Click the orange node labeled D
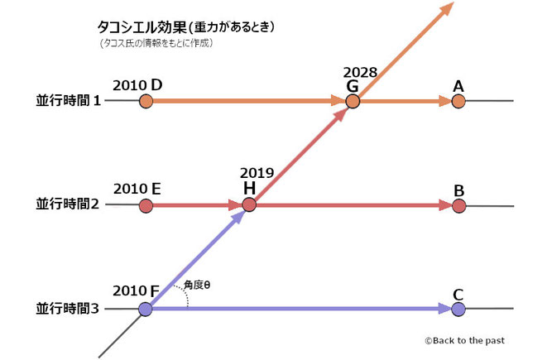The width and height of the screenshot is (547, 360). (x=146, y=102)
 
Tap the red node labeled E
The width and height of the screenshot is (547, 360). (x=146, y=205)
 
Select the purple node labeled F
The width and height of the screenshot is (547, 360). (x=146, y=310)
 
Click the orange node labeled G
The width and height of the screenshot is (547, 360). (x=353, y=102)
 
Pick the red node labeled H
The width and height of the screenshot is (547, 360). (x=249, y=205)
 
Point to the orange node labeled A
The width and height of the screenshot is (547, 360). (x=458, y=102)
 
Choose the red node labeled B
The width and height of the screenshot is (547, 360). (x=458, y=205)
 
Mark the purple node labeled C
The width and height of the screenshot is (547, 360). (x=458, y=310)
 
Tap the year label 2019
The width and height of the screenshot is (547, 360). (x=256, y=174)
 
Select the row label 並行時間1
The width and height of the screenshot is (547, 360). (x=67, y=102)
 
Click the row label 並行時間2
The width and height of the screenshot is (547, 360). (x=67, y=205)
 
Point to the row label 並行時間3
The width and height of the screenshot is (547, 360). (x=67, y=310)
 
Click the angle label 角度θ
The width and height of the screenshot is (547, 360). (x=198, y=285)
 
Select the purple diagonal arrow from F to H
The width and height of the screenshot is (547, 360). (x=197, y=258)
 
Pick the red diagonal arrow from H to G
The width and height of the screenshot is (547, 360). (x=300, y=154)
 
